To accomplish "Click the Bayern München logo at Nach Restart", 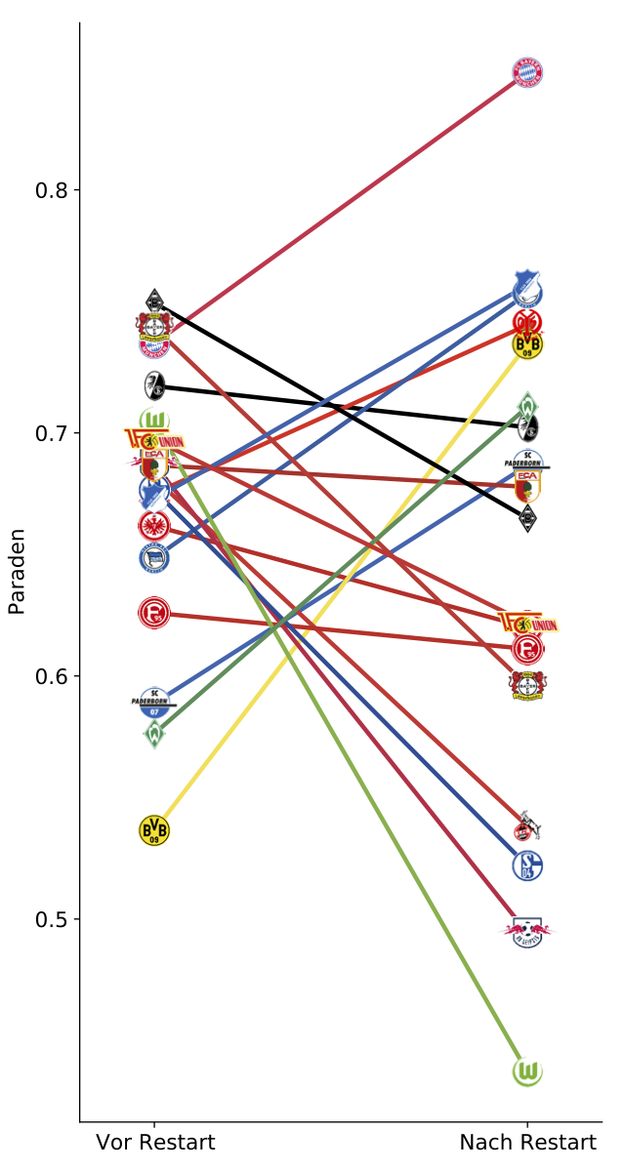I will [x=527, y=72].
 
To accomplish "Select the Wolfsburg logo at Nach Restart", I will [x=527, y=1071].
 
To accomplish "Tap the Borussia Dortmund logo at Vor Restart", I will [x=154, y=830].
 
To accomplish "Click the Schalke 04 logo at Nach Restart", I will [x=527, y=865].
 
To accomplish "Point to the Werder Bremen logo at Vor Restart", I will [x=154, y=734].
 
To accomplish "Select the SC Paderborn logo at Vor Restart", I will [x=154, y=702].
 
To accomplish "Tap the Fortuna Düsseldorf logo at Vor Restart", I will [x=154, y=613].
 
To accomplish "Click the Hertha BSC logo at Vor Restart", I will [x=154, y=558].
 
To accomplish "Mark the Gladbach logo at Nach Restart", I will [x=527, y=518].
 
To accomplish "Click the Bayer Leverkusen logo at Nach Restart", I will [x=527, y=685].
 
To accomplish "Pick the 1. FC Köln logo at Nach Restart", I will [x=527, y=828].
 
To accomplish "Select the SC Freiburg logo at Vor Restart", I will [x=154, y=385].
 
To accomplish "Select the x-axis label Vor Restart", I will [x=155, y=1143].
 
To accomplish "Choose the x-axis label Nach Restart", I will [x=527, y=1143].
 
